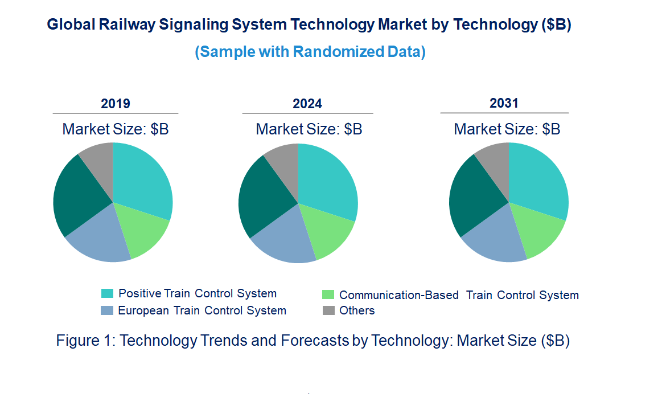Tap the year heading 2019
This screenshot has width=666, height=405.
coord(116,104)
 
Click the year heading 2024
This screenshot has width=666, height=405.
coord(307,104)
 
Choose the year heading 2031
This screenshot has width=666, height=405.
coord(504,103)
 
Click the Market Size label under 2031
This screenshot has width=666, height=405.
coord(507,129)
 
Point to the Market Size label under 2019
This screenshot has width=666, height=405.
coord(116,129)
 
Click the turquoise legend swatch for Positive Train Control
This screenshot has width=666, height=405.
coord(107,293)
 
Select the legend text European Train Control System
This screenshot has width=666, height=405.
coord(202,310)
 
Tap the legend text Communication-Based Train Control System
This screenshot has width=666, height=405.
coord(459,295)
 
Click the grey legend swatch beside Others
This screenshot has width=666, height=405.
coord(328,310)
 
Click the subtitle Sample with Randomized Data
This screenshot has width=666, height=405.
coord(310,52)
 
